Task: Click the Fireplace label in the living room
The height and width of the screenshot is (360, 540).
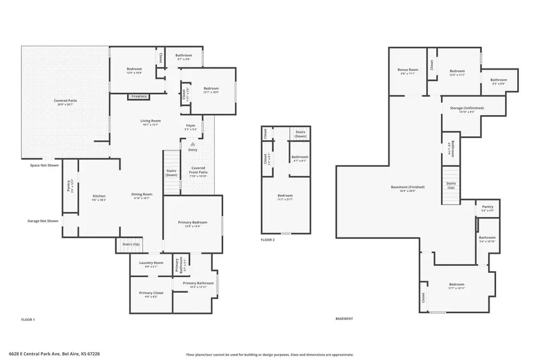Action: [139, 96]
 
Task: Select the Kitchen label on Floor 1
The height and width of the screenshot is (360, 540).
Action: [99, 196]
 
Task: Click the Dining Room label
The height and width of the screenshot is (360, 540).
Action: [142, 194]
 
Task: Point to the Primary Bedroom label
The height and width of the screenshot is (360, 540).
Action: [193, 223]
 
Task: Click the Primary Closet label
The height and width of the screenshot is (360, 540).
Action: [151, 293]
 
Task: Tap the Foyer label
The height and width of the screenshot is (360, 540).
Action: [191, 125]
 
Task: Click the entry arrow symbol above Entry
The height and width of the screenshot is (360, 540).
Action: [193, 144]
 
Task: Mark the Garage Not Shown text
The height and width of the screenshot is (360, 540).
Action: [43, 221]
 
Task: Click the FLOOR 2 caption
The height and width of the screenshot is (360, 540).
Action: [268, 239]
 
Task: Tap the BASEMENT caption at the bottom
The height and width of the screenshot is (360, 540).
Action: [344, 319]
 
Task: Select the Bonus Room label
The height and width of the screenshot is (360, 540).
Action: [407, 70]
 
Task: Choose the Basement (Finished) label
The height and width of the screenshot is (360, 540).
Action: [403, 187]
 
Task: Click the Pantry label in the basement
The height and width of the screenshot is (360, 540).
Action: [488, 207]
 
